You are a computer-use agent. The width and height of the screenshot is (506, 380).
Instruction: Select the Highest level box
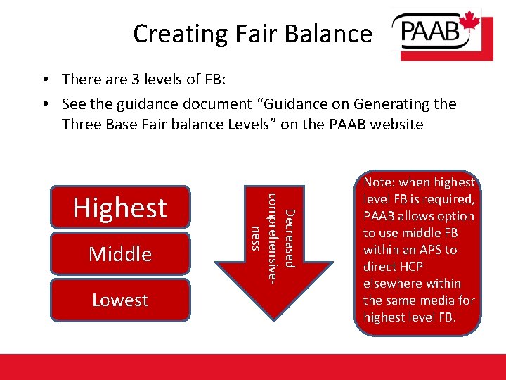coord(120,208)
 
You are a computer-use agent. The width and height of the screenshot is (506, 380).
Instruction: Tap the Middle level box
coord(120,253)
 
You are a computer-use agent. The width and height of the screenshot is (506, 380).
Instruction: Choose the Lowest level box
coord(120,300)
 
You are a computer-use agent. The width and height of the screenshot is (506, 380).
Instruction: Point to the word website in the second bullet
coord(395,125)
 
